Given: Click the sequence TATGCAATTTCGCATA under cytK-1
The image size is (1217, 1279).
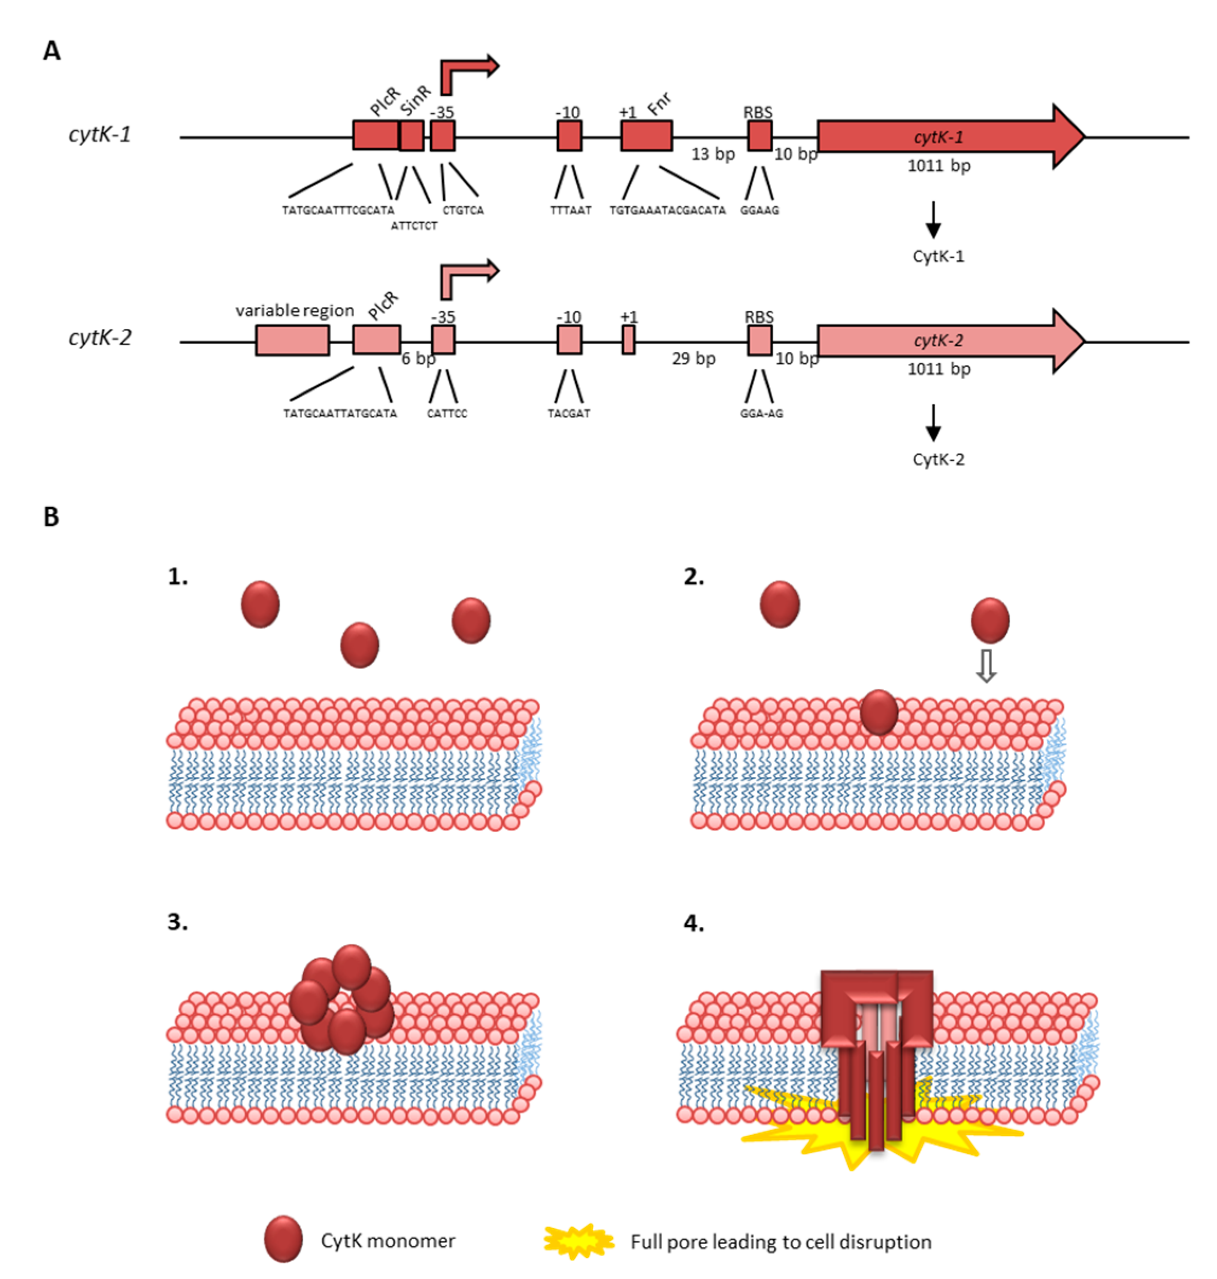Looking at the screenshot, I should pos(338,210).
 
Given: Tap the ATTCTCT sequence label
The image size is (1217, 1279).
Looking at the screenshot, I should pos(414,226).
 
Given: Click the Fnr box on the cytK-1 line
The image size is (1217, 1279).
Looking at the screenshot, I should pos(646,135).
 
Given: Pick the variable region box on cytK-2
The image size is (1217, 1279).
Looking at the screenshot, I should pos(292,340).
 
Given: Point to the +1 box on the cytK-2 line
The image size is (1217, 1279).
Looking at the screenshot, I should pos(628,340).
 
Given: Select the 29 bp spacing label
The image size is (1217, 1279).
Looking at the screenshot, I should pos(694,358).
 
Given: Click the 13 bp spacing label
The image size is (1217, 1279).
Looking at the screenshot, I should pos(713,154).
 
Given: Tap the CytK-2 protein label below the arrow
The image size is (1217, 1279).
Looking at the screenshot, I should pos(938,459).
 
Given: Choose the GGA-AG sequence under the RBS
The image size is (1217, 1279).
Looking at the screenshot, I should pos(761,413).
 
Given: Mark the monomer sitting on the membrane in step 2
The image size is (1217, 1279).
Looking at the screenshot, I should pos(878,711).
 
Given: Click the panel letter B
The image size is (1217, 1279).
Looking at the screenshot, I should pos(51,517).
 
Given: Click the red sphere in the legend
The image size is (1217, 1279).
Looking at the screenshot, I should pos(284,1239).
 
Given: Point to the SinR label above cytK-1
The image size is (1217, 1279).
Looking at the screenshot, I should pos(415,100).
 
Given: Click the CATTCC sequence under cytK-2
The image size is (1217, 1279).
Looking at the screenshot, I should pos(447,413).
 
